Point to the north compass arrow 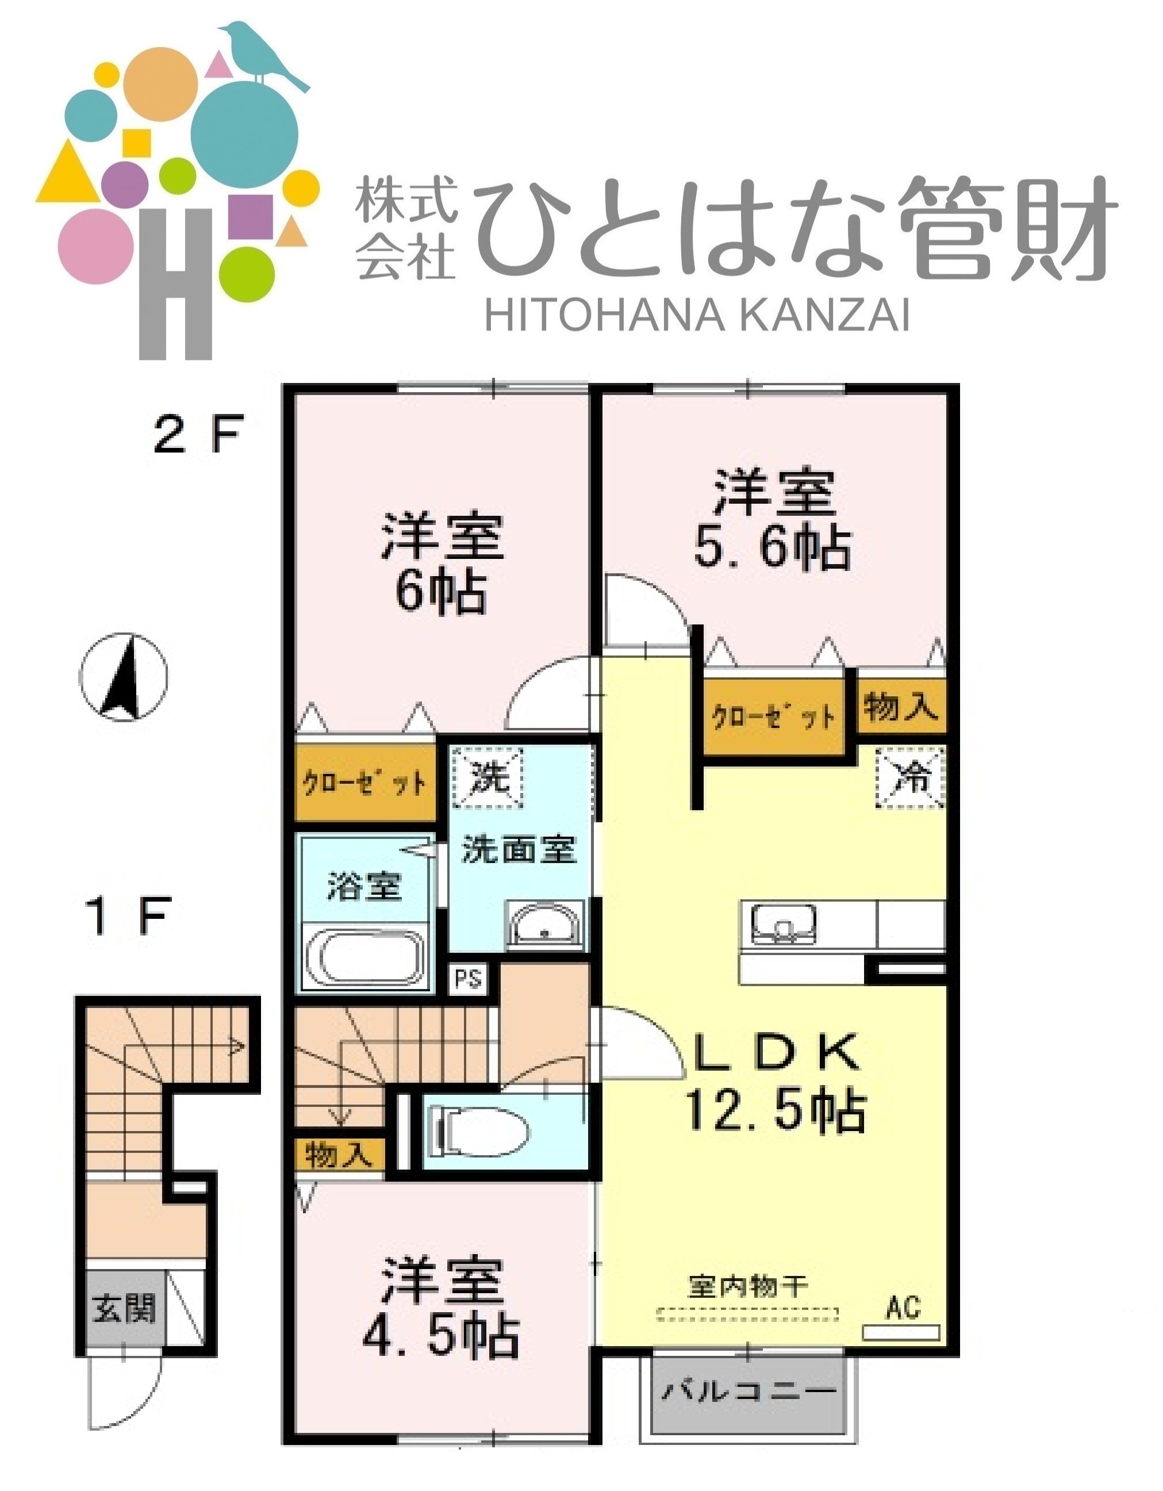(124, 676)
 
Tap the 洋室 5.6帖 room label (774, 520)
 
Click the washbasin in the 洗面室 (544, 926)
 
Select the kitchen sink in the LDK (784, 925)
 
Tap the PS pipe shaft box (469, 980)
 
